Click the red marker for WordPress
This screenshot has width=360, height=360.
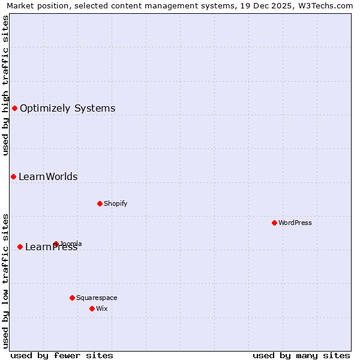pyautogui.click(x=274, y=223)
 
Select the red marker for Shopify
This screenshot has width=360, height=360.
pyautogui.click(x=100, y=203)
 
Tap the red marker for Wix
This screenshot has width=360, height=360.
pyautogui.click(x=92, y=308)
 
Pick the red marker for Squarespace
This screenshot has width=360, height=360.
pyautogui.click(x=72, y=298)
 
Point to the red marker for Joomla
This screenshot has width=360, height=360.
pyautogui.click(x=56, y=244)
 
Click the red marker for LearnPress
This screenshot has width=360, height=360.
pyautogui.click(x=20, y=247)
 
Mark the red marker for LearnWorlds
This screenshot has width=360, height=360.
pyautogui.click(x=13, y=176)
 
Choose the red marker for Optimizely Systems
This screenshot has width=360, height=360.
pyautogui.click(x=14, y=108)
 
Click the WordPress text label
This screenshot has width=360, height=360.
pyautogui.click(x=295, y=223)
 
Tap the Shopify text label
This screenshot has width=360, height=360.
pyautogui.click(x=116, y=203)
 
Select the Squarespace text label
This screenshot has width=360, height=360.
pyautogui.click(x=97, y=298)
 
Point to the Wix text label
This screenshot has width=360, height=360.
pyautogui.click(x=102, y=308)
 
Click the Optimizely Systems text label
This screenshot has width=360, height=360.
pyautogui.click(x=67, y=108)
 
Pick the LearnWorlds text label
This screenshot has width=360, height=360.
pyautogui.click(x=48, y=176)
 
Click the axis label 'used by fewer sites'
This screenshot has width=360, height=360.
pyautogui.click(x=62, y=355)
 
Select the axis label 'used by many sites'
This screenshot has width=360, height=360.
pyautogui.click(x=301, y=355)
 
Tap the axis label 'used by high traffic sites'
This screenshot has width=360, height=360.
pyautogui.click(x=5, y=85)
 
